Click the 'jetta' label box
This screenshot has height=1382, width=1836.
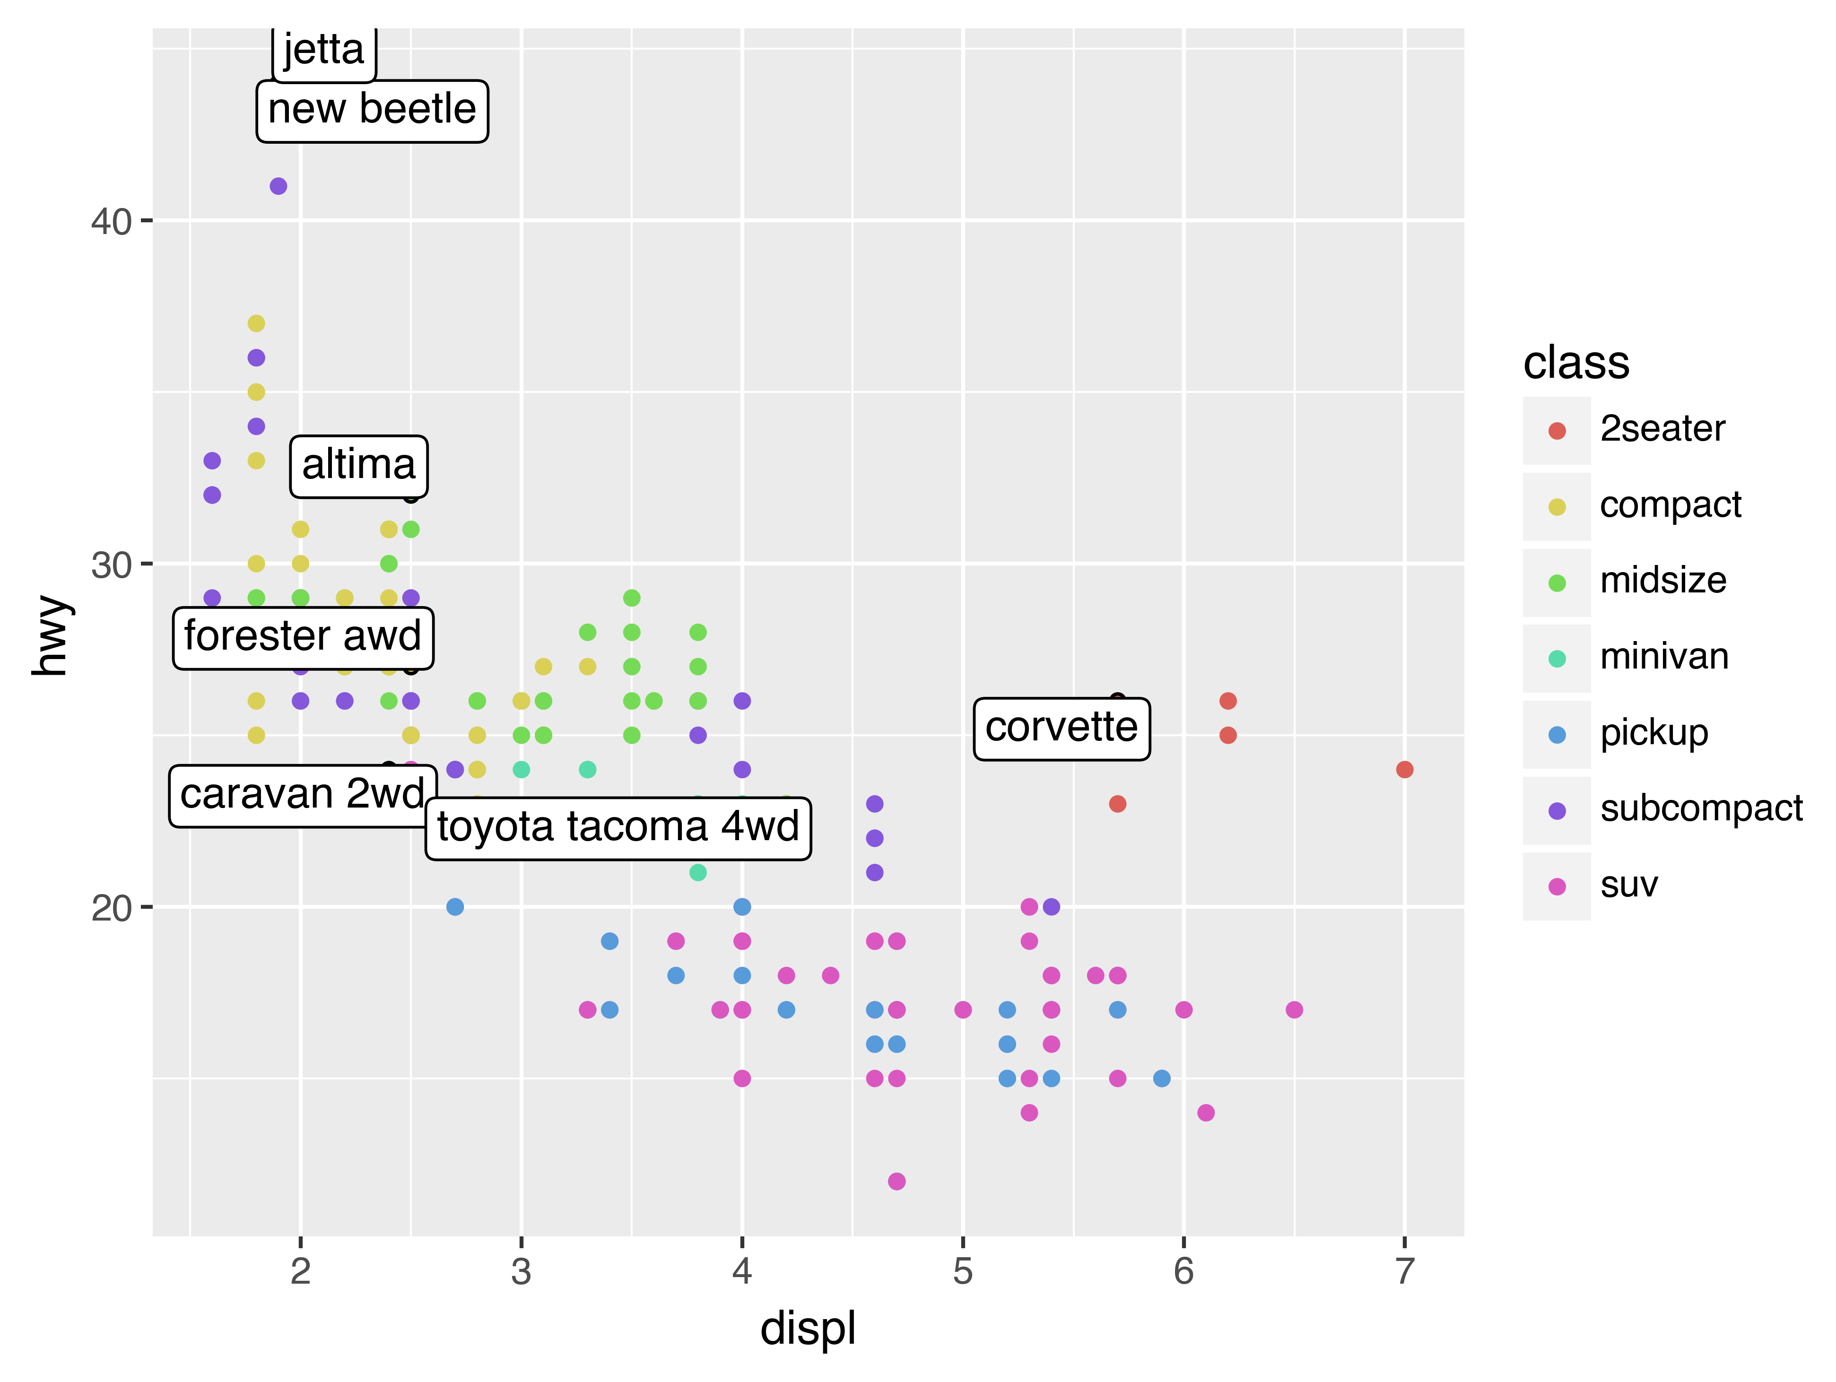pos(324,52)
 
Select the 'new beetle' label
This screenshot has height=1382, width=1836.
pos(372,110)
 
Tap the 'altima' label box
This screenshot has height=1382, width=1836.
pos(358,466)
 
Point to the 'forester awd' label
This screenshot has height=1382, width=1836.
pos(303,637)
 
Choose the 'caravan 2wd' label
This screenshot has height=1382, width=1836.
pos(302,795)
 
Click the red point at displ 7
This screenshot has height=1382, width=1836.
pos(1404,769)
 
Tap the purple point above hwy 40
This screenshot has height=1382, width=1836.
pos(278,186)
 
